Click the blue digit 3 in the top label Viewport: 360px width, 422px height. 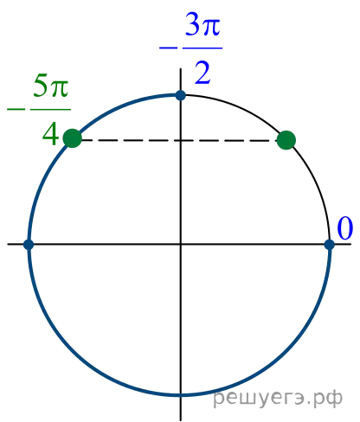(x=192, y=24)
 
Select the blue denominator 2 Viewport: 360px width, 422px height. (x=202, y=74)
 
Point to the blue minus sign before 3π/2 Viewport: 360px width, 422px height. (x=168, y=48)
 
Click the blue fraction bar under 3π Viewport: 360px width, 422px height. (x=202, y=48)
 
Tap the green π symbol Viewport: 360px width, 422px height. (x=59, y=89)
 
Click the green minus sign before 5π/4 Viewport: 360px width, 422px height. (x=16, y=109)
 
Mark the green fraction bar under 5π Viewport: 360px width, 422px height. (x=50, y=109)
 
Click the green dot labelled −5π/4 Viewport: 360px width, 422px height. (x=73, y=138)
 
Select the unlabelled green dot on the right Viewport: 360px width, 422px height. (x=286, y=140)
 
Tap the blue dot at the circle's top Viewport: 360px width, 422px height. (x=181, y=95)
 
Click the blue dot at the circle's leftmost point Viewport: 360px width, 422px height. (x=29, y=245)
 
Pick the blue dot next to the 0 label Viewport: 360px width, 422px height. (x=330, y=245)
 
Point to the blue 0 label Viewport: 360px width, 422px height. (x=345, y=228)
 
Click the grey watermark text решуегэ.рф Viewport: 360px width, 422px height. (x=278, y=398)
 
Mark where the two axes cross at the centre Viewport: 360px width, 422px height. (x=181, y=244)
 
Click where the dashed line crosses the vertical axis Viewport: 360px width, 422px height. (x=181, y=140)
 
